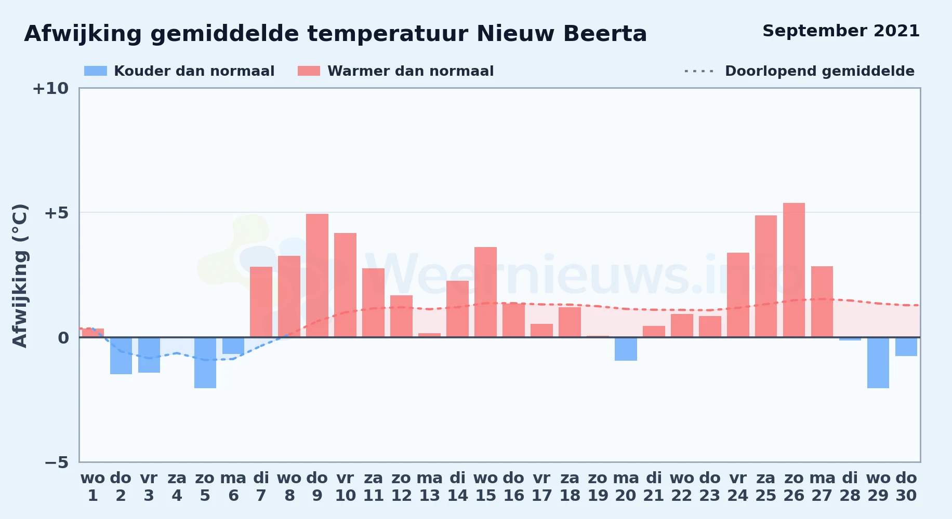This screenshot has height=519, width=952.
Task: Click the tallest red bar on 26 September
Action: (x=794, y=270)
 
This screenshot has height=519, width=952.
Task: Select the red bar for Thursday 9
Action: (x=317, y=276)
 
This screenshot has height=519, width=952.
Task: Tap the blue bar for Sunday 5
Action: (x=205, y=363)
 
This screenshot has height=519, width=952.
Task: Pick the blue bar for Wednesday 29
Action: (x=878, y=363)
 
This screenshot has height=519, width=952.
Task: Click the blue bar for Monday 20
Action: (x=626, y=349)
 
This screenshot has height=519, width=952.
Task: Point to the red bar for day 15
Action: (x=485, y=292)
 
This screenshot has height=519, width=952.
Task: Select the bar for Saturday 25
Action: (x=766, y=276)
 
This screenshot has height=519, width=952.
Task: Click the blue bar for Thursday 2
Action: (x=121, y=356)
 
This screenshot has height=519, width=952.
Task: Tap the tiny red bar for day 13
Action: (x=429, y=335)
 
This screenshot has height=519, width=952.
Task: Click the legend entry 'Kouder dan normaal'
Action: (x=179, y=71)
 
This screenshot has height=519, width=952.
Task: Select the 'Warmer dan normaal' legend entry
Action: (x=395, y=71)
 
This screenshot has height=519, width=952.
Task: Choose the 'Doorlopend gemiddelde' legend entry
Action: (x=800, y=71)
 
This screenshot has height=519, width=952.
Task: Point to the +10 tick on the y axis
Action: (x=50, y=88)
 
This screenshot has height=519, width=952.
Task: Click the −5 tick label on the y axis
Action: (x=56, y=462)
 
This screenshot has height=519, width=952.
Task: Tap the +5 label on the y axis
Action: (x=56, y=213)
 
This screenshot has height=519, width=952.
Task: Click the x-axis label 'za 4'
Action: (x=177, y=487)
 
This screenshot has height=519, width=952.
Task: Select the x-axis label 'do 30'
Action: (x=906, y=487)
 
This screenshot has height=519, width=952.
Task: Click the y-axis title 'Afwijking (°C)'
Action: (x=20, y=275)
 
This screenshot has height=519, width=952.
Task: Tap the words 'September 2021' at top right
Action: (x=841, y=31)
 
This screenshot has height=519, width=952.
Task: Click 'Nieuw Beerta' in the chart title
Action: (x=562, y=34)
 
